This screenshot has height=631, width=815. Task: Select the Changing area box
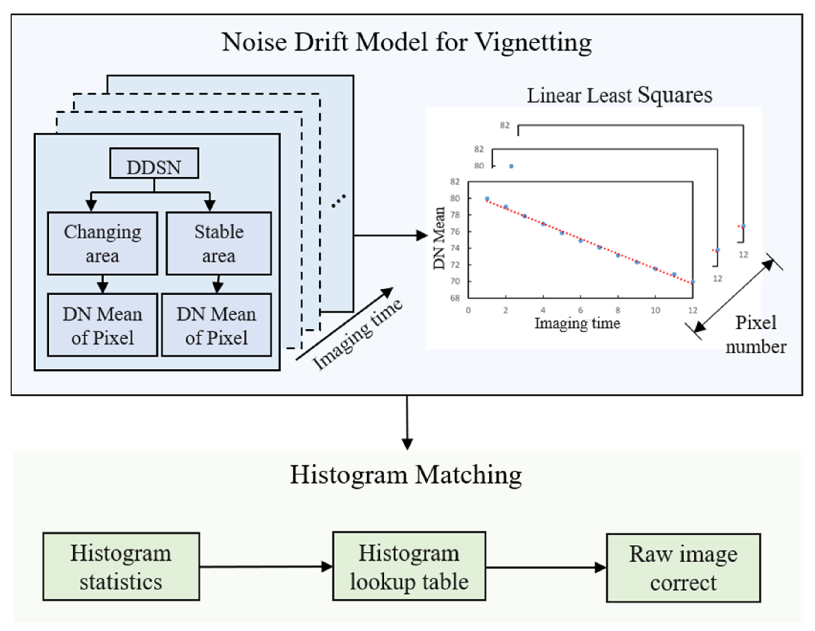102,244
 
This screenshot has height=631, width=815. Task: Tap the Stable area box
219,244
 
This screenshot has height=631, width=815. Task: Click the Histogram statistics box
121,566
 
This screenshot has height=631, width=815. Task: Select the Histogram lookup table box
409,566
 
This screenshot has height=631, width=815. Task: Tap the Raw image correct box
683,568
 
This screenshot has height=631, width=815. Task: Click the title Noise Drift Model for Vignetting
407,42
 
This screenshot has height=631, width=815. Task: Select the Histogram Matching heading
406,475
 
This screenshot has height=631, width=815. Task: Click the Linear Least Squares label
619,96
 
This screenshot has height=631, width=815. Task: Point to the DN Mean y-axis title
439,238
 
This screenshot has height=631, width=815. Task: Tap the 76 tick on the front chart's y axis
455,231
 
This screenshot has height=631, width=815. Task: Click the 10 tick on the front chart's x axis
655,310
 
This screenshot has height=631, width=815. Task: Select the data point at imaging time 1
487,199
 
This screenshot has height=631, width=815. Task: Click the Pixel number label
756,335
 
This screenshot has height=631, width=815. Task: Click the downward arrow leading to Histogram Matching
407,423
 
